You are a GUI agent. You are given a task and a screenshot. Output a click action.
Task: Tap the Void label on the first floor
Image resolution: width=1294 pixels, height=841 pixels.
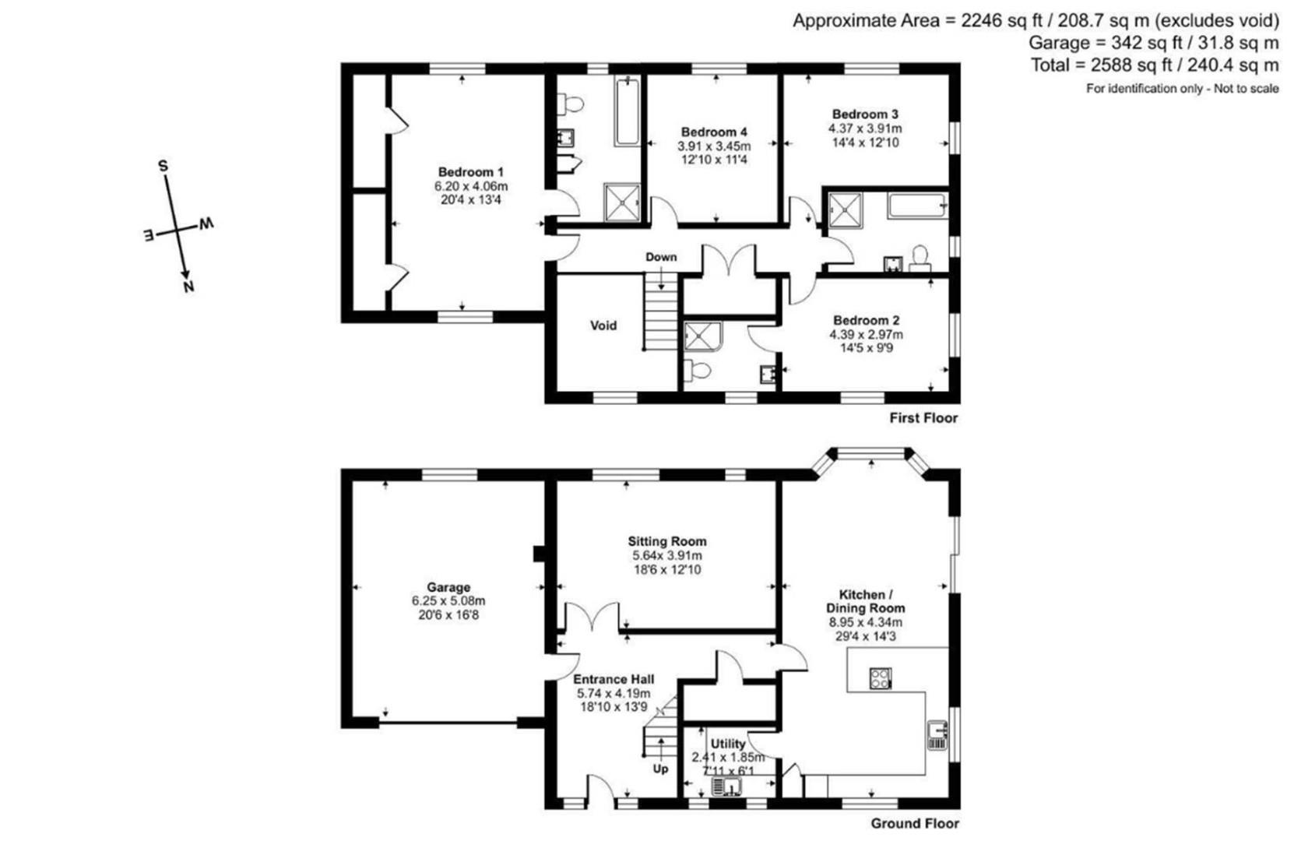pos(603,325)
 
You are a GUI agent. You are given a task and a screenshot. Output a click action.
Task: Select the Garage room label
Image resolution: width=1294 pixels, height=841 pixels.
pos(448,588)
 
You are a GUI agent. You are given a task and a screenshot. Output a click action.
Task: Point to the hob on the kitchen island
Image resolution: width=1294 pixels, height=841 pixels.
pos(880,679)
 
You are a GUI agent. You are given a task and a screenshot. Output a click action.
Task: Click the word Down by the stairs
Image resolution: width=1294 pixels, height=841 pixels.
pos(661,257)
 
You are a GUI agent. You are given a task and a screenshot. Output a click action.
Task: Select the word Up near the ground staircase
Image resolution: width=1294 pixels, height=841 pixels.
pos(660,769)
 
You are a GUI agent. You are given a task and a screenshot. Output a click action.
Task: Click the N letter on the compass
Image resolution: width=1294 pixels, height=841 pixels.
pos(188,287)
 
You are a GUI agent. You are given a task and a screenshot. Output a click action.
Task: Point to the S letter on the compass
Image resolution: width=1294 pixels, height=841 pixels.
pos(163,166)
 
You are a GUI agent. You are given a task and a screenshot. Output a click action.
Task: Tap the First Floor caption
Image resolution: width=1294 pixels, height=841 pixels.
pos(923,418)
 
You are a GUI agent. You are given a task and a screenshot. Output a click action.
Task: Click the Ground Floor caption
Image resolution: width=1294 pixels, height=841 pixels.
pos(915,823)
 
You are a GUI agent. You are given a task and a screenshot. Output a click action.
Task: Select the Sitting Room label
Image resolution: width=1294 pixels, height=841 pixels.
pos(667,541)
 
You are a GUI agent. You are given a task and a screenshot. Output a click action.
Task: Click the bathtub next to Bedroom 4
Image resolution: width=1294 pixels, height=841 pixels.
pos(627,112)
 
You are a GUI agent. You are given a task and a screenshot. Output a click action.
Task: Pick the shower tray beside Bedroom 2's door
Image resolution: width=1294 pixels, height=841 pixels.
pos(703,337)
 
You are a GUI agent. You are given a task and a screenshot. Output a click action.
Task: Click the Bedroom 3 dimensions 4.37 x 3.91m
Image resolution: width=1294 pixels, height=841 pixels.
pos(865,128)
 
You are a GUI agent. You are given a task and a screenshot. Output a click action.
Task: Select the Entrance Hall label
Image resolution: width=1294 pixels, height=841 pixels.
pos(614,679)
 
